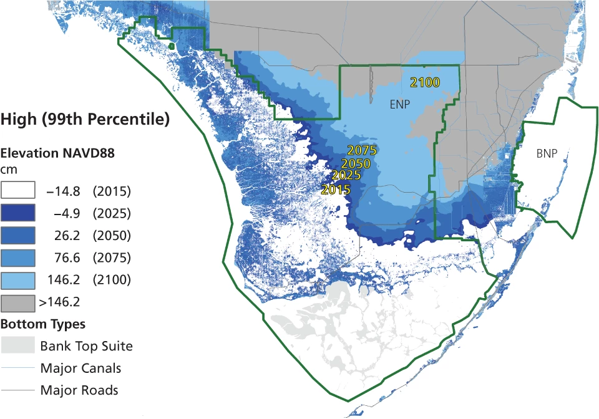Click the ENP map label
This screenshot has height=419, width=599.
400,104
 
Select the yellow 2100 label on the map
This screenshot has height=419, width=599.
425,82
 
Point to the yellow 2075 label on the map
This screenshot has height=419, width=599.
363,150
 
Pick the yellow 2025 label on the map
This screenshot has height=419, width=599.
346,175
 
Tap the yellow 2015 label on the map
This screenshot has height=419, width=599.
336,189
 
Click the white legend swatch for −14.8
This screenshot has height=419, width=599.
17,191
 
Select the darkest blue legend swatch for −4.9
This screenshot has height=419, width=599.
17,213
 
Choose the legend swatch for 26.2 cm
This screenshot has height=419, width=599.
17,236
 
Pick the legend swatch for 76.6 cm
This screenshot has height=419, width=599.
17,258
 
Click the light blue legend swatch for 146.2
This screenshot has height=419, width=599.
17,279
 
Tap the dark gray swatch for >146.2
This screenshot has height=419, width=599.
17,302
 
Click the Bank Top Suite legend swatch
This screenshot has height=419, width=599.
17,345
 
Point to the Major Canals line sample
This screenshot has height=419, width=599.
17,368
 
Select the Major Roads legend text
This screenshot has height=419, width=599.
79,391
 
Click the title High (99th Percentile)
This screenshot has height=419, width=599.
85,119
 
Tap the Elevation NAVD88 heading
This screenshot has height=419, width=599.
57,153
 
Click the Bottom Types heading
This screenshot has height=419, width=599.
43,324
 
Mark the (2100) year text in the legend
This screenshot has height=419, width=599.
111,280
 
